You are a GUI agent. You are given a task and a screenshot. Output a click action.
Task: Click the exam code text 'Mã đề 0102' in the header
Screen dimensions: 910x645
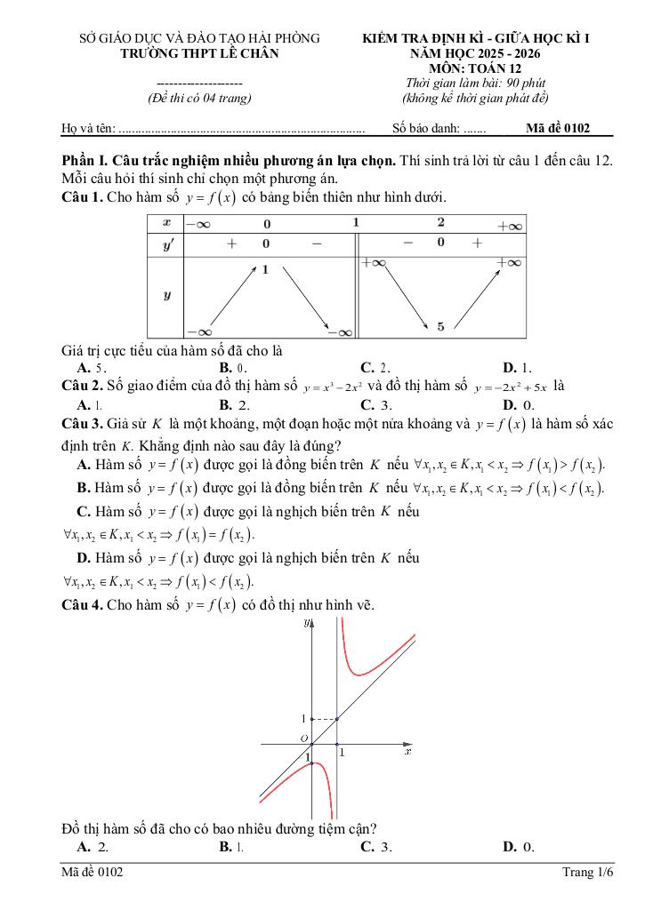[558, 128]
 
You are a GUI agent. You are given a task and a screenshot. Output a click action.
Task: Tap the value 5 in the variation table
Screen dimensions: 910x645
[440, 327]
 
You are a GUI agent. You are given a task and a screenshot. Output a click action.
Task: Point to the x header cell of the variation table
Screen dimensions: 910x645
[165, 222]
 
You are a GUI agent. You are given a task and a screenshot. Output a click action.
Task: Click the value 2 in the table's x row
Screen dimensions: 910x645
[440, 222]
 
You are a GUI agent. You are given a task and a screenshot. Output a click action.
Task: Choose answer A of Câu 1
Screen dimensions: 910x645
[85, 367]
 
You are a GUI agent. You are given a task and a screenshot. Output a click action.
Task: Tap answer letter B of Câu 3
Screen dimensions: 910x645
[85, 488]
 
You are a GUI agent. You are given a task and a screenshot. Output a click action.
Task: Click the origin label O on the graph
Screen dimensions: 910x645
[303, 738]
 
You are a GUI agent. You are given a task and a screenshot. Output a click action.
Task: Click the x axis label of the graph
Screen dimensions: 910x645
[407, 752]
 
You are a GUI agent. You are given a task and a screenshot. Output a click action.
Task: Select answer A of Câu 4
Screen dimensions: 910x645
[85, 847]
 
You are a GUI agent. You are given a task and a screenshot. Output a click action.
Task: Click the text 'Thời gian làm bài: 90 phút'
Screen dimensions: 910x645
[475, 84]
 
